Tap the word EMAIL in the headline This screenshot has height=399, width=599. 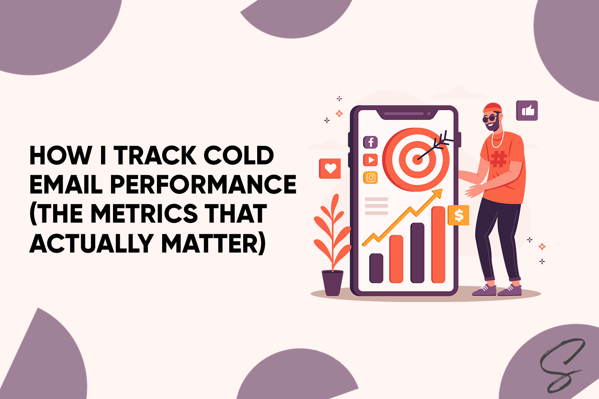(66, 184)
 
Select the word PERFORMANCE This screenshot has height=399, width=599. (203, 184)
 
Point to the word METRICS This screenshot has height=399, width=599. (144, 213)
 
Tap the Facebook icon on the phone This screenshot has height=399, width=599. (371, 142)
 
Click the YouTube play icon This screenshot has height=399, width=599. (371, 160)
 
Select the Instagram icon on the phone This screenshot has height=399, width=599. (371, 178)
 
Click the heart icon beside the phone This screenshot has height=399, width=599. (330, 168)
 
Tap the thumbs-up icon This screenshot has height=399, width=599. (527, 111)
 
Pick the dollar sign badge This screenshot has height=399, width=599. (458, 215)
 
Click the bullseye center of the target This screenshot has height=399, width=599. (417, 159)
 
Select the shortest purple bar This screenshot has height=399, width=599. (376, 268)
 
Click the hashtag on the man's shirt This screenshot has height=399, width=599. (498, 158)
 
